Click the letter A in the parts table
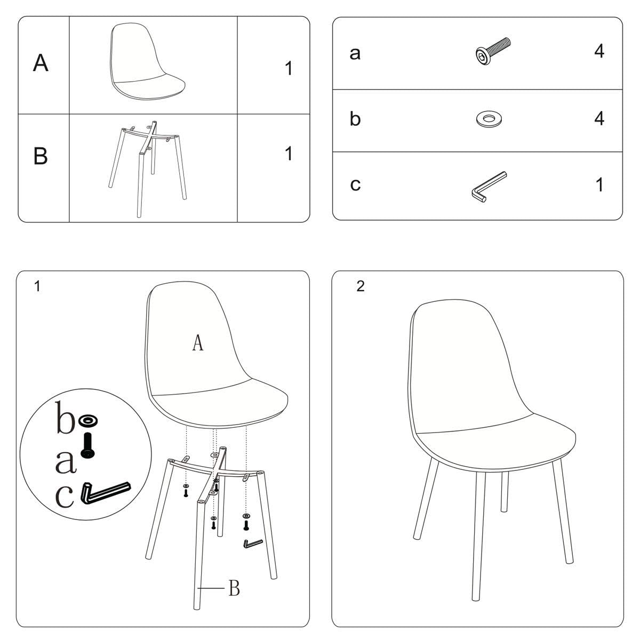pyautogui.click(x=41, y=63)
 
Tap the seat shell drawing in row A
pyautogui.click(x=147, y=61)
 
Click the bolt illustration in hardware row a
pyautogui.click(x=493, y=51)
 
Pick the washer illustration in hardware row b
pyautogui.click(x=489, y=118)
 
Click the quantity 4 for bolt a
pyautogui.click(x=599, y=51)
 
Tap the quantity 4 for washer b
pyautogui.click(x=599, y=118)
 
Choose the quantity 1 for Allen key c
pyautogui.click(x=599, y=185)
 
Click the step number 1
pyautogui.click(x=37, y=286)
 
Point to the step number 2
pyautogui.click(x=361, y=286)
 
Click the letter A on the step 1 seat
pyautogui.click(x=198, y=343)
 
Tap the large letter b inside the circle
pyautogui.click(x=66, y=418)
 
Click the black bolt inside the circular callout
pyautogui.click(x=87, y=446)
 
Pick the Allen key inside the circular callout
pyautogui.click(x=105, y=493)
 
